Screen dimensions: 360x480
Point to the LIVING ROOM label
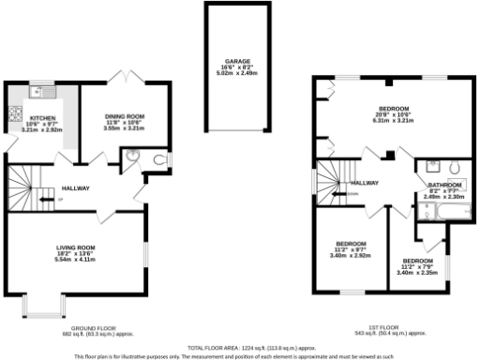point(76,247)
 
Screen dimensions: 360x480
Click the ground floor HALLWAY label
point(77,188)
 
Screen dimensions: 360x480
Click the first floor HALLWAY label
point(364,183)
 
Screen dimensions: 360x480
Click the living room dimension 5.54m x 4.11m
point(76,258)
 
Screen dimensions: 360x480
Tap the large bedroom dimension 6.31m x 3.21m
point(394,120)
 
